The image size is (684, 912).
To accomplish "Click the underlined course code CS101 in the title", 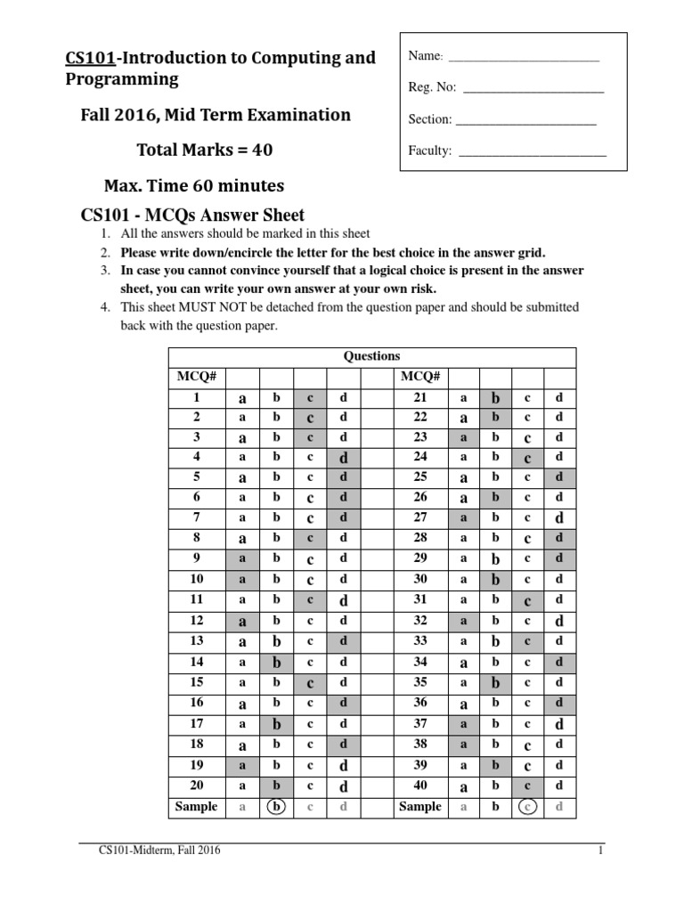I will tap(91, 59).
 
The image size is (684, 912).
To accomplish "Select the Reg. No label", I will tap(432, 88).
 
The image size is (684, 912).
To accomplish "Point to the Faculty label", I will tap(430, 151).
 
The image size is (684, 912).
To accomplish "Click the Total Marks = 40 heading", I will tap(204, 150).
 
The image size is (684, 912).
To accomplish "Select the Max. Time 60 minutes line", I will tap(194, 186).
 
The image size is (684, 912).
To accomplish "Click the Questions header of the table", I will tap(371, 356).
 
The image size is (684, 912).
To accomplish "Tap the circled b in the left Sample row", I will tap(277, 807).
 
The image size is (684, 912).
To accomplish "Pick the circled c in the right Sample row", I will tap(527, 807).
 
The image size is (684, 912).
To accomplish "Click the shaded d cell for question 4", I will tap(343, 458).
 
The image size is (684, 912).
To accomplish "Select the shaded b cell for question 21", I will tap(496, 398).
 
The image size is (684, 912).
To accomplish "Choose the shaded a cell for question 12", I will tap(242, 620).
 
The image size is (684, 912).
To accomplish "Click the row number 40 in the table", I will tap(420, 786).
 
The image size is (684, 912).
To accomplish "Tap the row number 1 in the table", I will tap(197, 397).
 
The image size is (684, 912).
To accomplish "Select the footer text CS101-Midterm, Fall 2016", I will tap(159, 851).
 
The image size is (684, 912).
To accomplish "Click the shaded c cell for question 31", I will tap(527, 601).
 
